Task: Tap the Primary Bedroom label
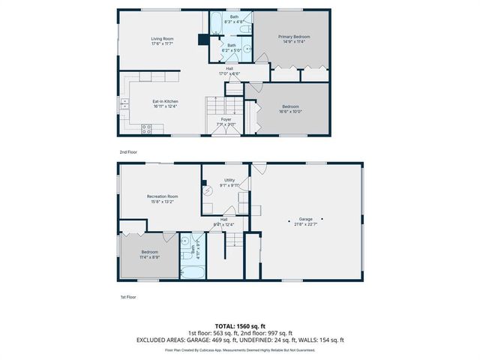tap(294, 37)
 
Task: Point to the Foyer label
tap(226, 119)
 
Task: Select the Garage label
tap(304, 219)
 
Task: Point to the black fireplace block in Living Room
tap(202, 41)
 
